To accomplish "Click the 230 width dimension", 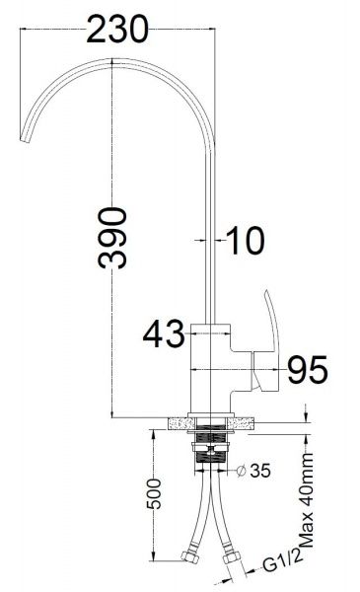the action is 117,29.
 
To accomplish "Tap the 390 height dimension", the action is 112,238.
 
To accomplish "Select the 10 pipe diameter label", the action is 246,240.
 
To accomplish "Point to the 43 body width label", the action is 164,333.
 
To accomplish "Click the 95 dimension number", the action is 308,370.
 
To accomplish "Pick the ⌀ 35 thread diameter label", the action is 253,471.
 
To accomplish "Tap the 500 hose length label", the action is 154,493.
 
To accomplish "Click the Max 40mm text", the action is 307,499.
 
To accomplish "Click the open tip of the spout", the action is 24,140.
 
